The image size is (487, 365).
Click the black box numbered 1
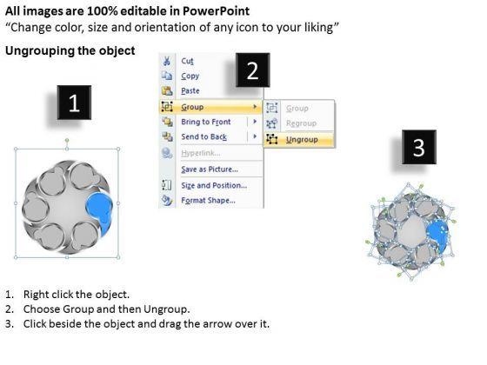tap(74, 103)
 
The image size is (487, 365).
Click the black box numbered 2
tap(252, 70)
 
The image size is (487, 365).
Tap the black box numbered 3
tap(419, 147)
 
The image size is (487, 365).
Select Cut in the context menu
tap(187, 61)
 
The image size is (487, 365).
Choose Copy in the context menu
tap(190, 76)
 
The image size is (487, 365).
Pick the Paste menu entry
tap(190, 91)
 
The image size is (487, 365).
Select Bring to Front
tap(206, 122)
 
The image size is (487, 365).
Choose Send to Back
tap(204, 137)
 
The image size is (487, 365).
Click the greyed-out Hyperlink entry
tap(201, 153)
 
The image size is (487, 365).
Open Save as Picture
tap(210, 169)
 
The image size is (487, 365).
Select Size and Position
tap(214, 186)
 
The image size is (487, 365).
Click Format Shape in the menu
tap(208, 201)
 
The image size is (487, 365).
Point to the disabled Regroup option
tap(301, 123)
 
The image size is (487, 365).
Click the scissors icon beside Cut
tap(167, 61)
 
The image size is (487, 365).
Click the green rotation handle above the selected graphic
tap(67, 141)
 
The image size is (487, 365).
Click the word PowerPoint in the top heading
tap(216, 11)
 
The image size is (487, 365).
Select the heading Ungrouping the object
tap(70, 50)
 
